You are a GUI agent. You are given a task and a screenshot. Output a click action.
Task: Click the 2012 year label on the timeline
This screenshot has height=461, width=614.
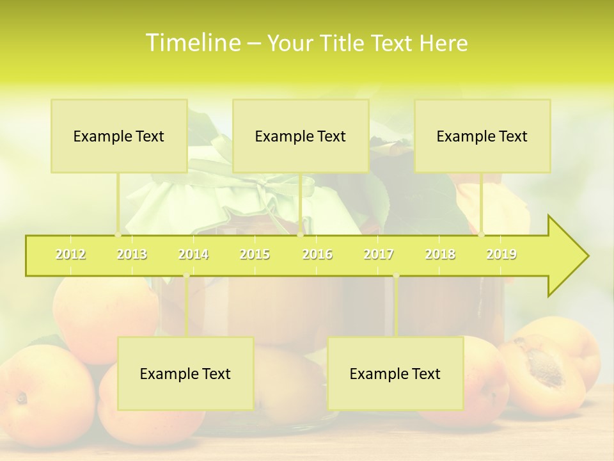70,254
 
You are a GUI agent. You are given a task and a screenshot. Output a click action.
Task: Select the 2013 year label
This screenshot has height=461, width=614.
132,254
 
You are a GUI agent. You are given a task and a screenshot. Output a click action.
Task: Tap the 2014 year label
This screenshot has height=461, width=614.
193,254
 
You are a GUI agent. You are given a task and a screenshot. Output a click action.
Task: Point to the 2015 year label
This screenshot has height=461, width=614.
255,254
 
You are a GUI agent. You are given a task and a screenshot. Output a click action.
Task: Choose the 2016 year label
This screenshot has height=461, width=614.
317,254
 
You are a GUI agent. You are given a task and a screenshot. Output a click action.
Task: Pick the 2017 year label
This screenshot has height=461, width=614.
379,254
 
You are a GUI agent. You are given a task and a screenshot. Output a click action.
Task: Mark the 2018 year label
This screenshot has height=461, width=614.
440,254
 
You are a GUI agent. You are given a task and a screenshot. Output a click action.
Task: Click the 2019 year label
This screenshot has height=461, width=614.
501,254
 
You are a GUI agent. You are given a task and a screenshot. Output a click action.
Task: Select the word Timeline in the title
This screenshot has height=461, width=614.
192,43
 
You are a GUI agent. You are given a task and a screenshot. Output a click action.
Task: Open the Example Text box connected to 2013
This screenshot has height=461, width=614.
119,136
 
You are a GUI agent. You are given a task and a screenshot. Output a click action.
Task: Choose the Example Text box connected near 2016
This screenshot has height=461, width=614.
301,136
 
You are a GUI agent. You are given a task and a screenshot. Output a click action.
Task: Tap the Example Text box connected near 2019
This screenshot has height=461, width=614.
482,136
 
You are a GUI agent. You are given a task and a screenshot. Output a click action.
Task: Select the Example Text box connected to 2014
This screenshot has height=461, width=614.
185,373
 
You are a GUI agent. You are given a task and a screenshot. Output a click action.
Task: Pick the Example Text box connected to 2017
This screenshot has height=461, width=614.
395,373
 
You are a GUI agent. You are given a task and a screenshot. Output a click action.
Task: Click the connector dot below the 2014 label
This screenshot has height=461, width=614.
186,275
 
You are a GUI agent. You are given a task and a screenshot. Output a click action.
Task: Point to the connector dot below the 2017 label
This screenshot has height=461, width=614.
396,275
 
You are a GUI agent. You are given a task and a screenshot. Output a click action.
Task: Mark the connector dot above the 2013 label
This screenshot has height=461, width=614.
118,235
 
